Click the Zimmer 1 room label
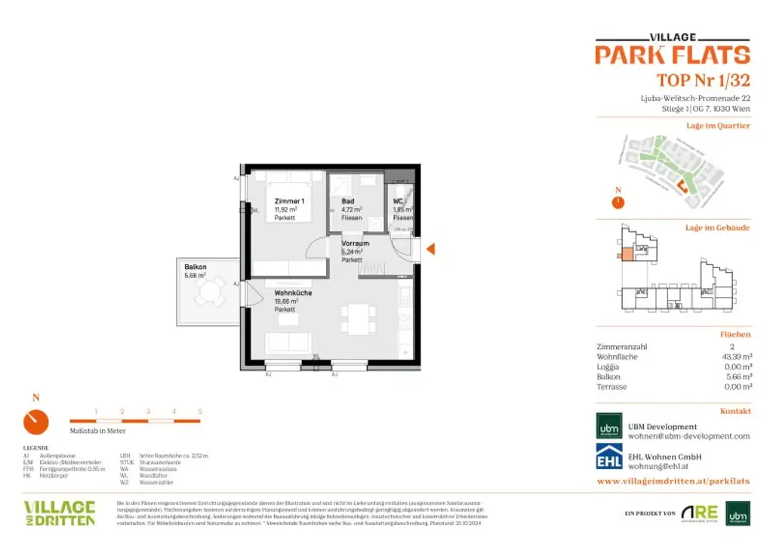289,201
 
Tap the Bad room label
348,201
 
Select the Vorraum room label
356,243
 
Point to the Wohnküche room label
293,292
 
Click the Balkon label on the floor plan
196,267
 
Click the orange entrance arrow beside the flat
431,249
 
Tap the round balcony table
209,292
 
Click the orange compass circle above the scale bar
35,422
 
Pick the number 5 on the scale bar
200,411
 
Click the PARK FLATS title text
672,55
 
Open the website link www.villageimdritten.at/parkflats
673,481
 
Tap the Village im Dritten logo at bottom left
60,512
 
